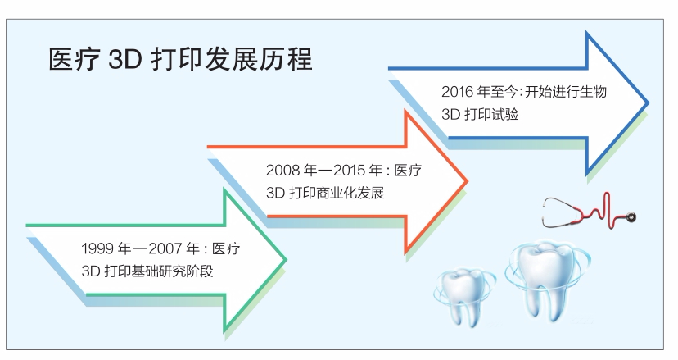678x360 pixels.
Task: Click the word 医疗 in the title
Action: point(75,59)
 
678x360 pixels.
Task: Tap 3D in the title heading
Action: point(125,60)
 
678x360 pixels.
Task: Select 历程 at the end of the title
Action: point(286,59)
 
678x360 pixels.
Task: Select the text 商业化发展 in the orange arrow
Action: point(350,193)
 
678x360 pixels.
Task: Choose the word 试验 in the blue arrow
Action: point(505,114)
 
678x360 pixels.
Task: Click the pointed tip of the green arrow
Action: point(286,260)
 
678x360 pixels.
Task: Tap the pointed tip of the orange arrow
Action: point(467,181)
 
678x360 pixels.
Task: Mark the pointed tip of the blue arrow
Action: point(648,103)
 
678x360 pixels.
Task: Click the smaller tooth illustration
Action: point(463,295)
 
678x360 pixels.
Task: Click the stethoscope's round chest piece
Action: point(631,216)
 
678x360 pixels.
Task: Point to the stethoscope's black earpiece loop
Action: point(558,212)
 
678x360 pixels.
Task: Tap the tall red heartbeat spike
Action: point(608,210)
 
